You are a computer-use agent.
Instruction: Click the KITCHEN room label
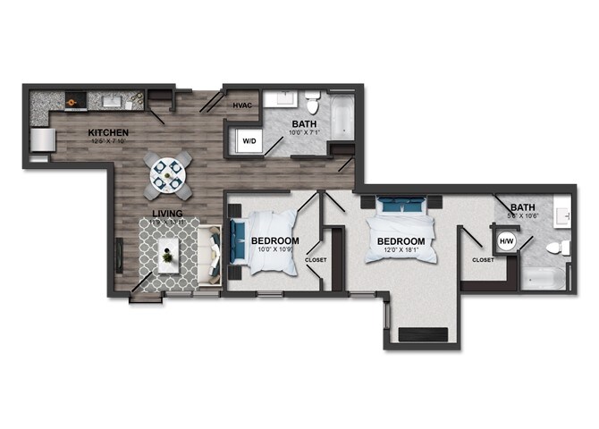click(x=102, y=134)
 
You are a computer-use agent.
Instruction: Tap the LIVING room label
click(x=167, y=214)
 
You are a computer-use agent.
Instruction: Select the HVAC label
click(x=242, y=106)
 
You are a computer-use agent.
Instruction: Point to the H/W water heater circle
click(x=506, y=241)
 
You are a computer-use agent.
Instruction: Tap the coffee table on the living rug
click(x=169, y=257)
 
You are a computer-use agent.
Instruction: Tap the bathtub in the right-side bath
click(x=543, y=279)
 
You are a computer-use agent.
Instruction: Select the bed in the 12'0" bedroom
click(x=402, y=231)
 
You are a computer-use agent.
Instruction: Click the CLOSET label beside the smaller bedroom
click(x=316, y=260)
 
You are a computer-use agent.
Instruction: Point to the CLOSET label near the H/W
click(x=483, y=259)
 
